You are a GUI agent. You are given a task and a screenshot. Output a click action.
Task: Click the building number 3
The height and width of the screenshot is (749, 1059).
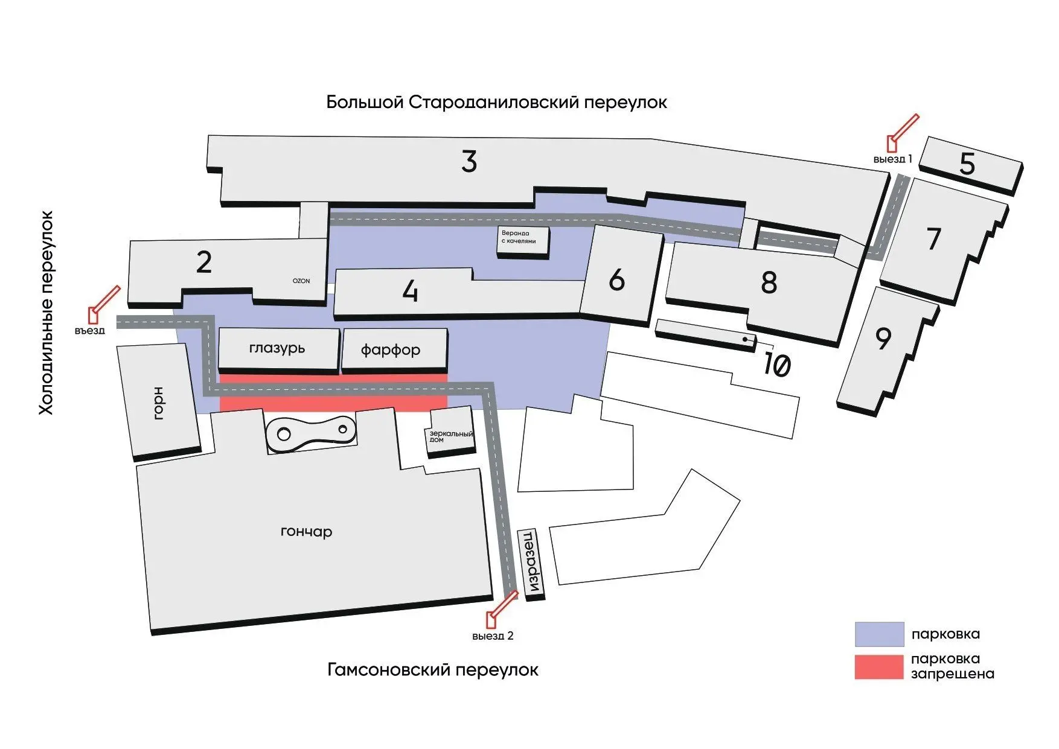pos(469,161)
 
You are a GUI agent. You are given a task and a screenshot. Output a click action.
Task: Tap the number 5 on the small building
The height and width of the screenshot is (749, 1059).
pos(967,164)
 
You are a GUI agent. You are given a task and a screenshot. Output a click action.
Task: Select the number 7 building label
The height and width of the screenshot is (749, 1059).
pos(934,238)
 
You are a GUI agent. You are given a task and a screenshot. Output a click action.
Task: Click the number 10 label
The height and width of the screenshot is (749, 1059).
pos(777,365)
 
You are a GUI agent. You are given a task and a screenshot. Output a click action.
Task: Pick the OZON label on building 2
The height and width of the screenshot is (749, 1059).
pos(301,281)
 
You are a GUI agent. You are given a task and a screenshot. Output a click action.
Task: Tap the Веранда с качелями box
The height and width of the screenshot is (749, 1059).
pos(523,243)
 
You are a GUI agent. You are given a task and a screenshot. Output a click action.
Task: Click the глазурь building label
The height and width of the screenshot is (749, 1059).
pos(277,348)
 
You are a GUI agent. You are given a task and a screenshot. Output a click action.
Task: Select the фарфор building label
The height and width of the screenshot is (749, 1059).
pos(391,349)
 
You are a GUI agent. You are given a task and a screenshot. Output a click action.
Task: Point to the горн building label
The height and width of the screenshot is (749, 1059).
pos(158,403)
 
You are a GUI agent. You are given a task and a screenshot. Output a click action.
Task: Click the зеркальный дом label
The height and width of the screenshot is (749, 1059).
pos(451,436)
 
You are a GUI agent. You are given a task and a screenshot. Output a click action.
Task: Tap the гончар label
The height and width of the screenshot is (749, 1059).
pos(307,532)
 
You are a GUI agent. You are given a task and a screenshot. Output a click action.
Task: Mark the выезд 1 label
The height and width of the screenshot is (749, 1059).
pos(892,159)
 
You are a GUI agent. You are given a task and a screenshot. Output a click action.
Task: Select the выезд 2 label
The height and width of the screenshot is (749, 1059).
pos(493,636)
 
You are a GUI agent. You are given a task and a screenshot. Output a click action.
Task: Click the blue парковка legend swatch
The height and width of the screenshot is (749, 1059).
pos(879,634)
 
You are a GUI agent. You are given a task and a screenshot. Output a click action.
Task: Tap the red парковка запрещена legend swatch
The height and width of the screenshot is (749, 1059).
pos(879,667)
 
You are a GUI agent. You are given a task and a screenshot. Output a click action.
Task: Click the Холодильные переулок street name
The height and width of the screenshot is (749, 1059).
pos(46,313)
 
